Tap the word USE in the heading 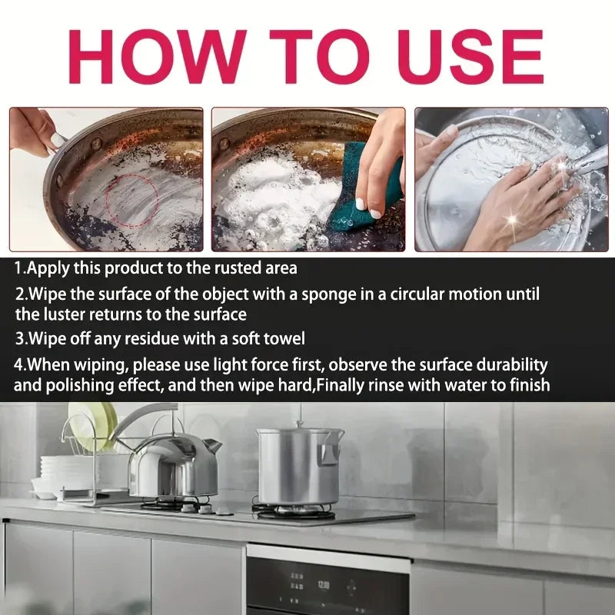pyautogui.click(x=472, y=56)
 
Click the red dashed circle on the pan pyautogui.click(x=131, y=201)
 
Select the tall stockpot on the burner pyautogui.click(x=299, y=466)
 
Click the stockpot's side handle pyautogui.click(x=329, y=452)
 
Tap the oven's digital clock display pyautogui.click(x=323, y=586)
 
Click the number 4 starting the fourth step pyautogui.click(x=18, y=366)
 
